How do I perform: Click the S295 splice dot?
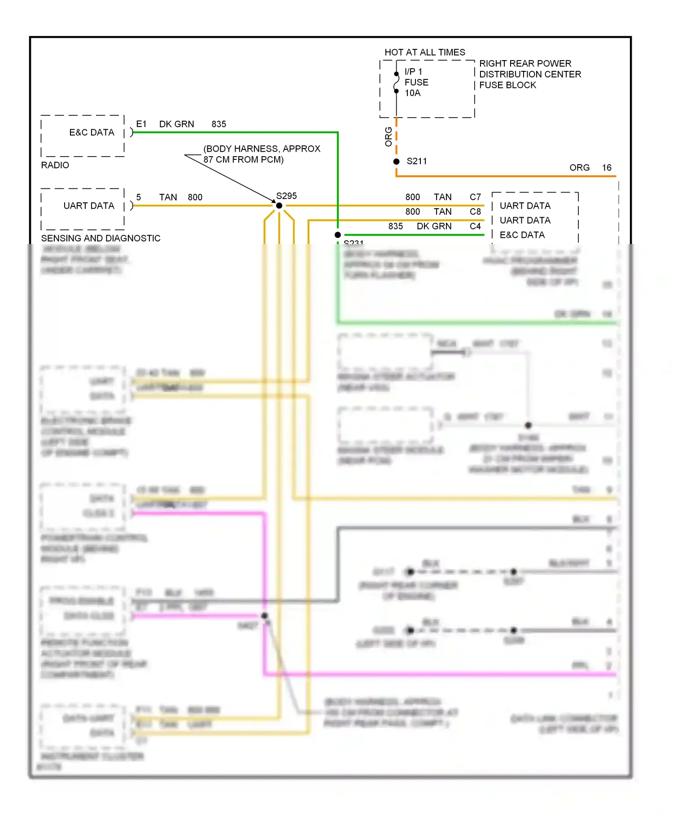pos(279,206)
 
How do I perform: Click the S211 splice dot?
pos(396,162)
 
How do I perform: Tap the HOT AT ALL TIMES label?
pos(424,53)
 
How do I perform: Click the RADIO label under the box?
pos(55,165)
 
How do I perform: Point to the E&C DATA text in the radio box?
pos(92,132)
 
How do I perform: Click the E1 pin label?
pos(141,124)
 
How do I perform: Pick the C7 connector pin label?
pos(475,197)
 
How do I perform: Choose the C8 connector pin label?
pos(475,212)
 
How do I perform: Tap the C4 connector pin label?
pos(475,226)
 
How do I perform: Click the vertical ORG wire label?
pos(389,137)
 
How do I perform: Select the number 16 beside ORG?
pos(607,168)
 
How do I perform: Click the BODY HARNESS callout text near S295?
pos(262,154)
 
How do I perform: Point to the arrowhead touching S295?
pos(273,201)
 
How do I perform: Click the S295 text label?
pos(286,196)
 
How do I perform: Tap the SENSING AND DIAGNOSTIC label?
pos(101,238)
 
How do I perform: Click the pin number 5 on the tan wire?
pos(139,197)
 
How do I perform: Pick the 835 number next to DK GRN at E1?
pos(219,124)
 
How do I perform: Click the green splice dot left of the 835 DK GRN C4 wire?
pos(338,235)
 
